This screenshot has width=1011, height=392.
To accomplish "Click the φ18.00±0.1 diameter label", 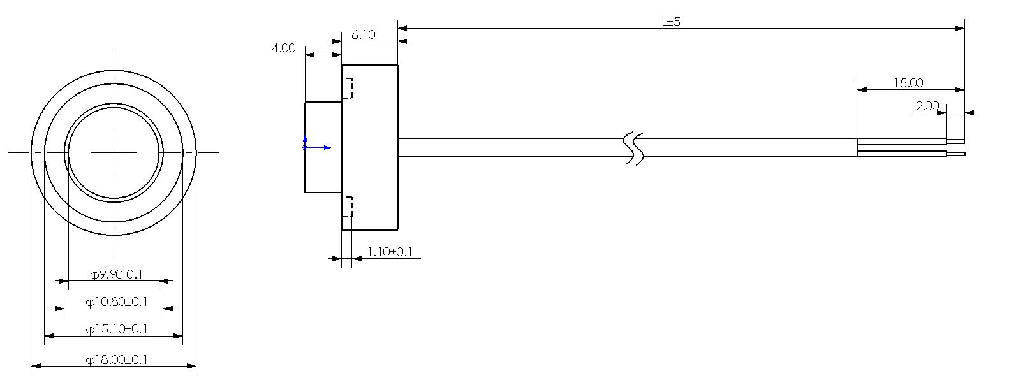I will [x=117, y=359].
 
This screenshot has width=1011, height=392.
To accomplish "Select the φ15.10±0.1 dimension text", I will [x=117, y=329].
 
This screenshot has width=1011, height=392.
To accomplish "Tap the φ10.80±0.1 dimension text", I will [x=117, y=301].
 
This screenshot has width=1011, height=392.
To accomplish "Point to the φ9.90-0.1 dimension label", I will [x=116, y=275].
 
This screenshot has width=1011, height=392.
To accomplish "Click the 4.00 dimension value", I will [x=284, y=48].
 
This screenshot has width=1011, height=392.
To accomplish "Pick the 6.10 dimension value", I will [x=364, y=34].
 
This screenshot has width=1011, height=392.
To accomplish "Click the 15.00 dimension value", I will [x=908, y=83].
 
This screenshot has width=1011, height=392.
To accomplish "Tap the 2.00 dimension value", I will [x=927, y=106].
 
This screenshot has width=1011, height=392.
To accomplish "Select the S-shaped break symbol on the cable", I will [x=634, y=148].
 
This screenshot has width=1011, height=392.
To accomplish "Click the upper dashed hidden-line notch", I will [x=348, y=88].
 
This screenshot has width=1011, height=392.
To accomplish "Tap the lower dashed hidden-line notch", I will [x=348, y=207].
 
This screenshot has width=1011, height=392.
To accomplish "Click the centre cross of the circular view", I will [x=114, y=152].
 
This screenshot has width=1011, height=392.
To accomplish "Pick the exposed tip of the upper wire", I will [x=956, y=141].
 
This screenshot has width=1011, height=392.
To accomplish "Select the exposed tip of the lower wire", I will [x=956, y=154].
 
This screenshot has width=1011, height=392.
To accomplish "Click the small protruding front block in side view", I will [x=323, y=147].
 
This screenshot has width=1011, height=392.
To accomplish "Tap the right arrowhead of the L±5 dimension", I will [x=960, y=28].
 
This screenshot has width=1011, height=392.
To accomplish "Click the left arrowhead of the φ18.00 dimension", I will [x=36, y=366].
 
